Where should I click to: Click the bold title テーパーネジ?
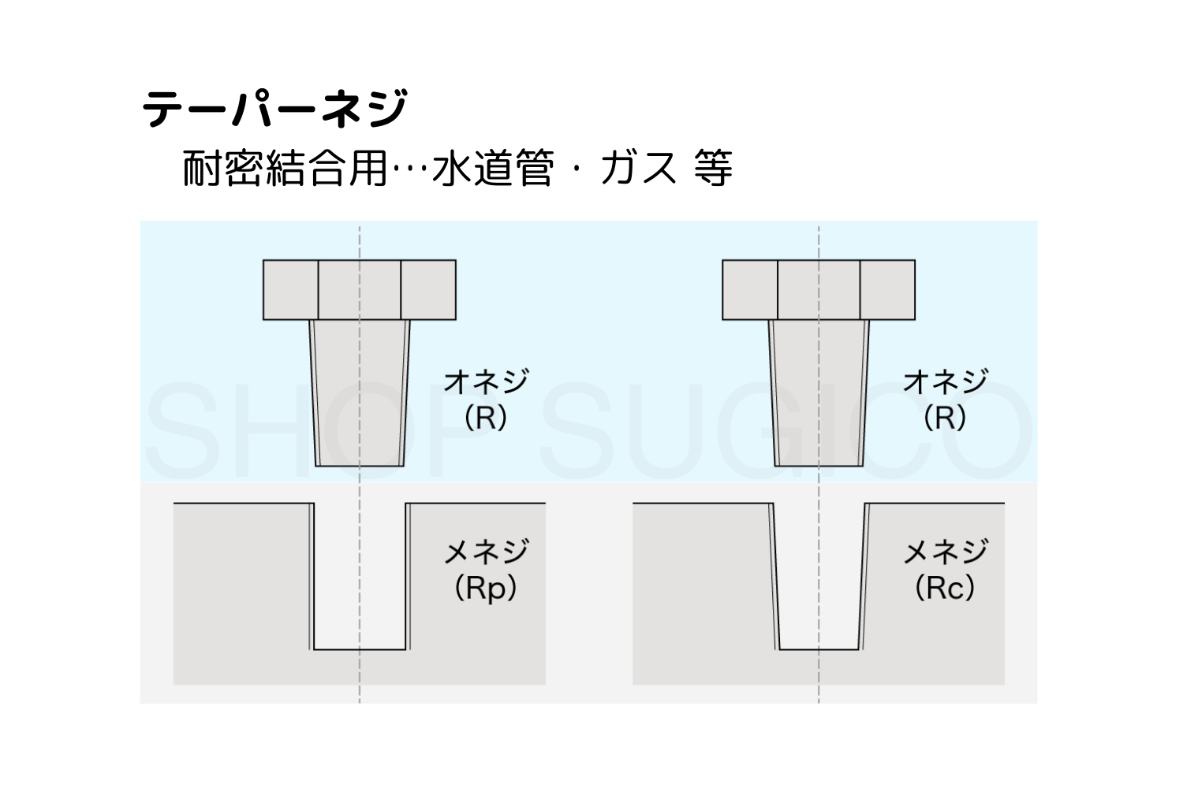tap(275, 109)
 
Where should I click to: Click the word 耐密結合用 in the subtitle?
tap(285, 169)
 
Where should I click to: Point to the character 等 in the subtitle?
tap(713, 169)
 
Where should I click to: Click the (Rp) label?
tap(485, 588)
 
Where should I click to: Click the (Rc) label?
tap(945, 588)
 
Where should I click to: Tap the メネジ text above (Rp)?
tap(485, 552)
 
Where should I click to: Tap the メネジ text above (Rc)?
tap(945, 552)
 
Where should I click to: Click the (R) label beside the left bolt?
tap(485, 418)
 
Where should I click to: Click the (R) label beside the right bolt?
tap(945, 418)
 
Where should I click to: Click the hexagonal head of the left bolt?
tap(360, 290)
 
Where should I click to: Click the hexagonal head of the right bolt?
tap(819, 290)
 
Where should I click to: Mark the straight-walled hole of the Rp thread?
tap(360, 575)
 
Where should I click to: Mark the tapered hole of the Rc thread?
tap(819, 575)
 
